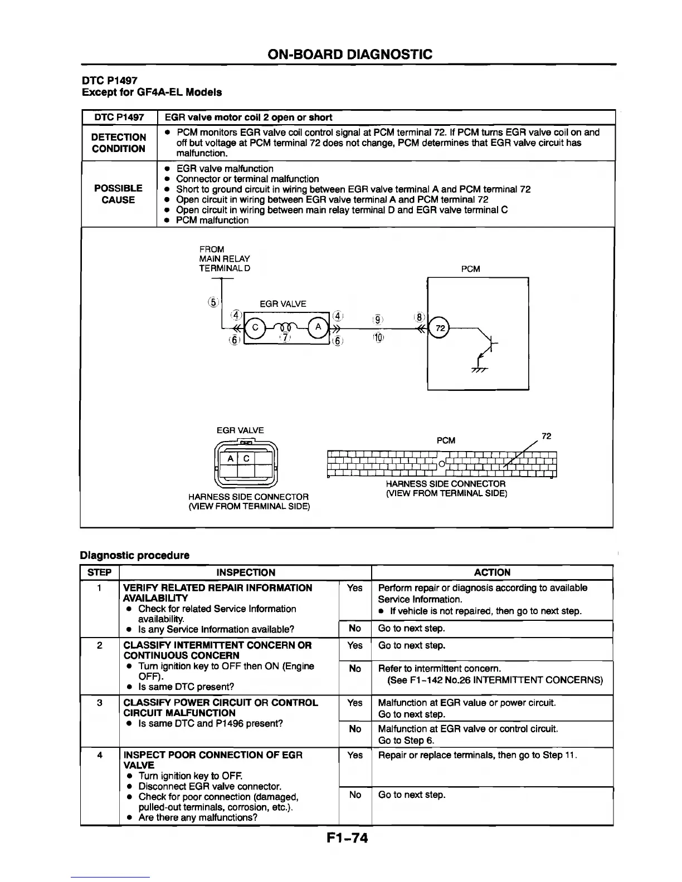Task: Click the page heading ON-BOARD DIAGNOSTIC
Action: tap(349, 54)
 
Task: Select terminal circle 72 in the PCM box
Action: tap(440, 327)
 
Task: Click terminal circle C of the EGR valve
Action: tap(255, 327)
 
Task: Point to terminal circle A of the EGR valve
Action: tap(318, 327)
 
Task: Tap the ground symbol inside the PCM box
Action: tap(477, 369)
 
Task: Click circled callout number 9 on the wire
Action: tap(378, 319)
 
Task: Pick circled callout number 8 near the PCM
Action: tap(419, 317)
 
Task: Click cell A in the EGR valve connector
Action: tap(230, 458)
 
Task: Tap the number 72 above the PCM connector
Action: tap(546, 436)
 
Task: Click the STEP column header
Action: tap(100, 572)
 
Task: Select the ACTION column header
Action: tap(492, 572)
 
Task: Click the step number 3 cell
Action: tap(100, 703)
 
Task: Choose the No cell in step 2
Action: tap(355, 669)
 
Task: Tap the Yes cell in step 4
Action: tap(355, 755)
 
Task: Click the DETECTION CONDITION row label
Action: tap(119, 143)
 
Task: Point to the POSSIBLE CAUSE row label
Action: tap(118, 194)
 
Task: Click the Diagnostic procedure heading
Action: tap(135, 555)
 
